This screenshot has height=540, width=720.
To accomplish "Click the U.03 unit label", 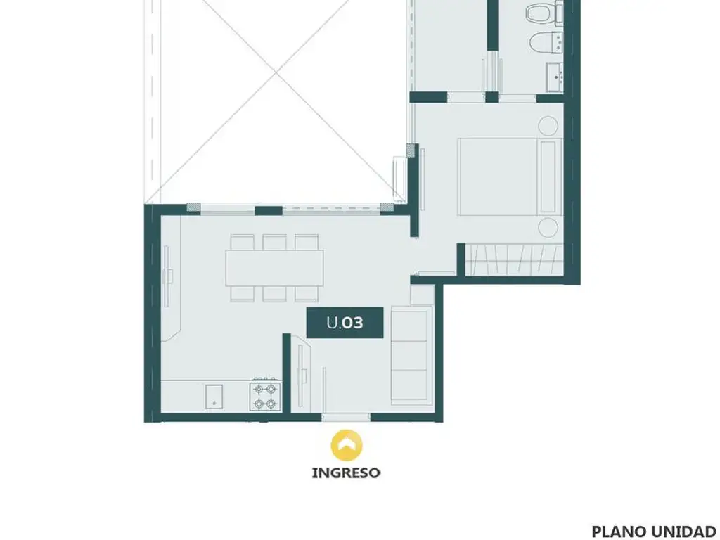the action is (345, 322).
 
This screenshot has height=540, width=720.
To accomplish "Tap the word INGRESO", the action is (346, 473).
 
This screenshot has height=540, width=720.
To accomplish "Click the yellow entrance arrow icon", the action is (347, 445).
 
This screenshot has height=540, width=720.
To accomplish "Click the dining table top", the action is (274, 268).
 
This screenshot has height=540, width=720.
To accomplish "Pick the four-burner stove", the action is (265, 396).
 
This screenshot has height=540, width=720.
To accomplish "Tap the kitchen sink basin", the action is (214, 397).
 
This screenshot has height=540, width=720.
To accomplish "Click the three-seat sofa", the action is (411, 356).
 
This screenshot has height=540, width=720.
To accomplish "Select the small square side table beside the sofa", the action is (423, 295).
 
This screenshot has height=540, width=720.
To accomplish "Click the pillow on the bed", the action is (548, 176).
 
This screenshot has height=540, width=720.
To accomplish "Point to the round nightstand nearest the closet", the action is (548, 228).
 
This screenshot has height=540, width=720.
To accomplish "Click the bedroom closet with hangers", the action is (514, 260).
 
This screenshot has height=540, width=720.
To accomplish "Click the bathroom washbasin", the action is (555, 77).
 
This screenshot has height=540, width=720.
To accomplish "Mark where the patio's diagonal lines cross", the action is (276, 72).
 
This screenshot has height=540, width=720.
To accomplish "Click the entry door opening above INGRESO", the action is (346, 418).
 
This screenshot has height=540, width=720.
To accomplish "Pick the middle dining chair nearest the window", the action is (275, 242).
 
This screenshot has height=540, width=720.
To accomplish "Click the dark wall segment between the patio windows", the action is (269, 211).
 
